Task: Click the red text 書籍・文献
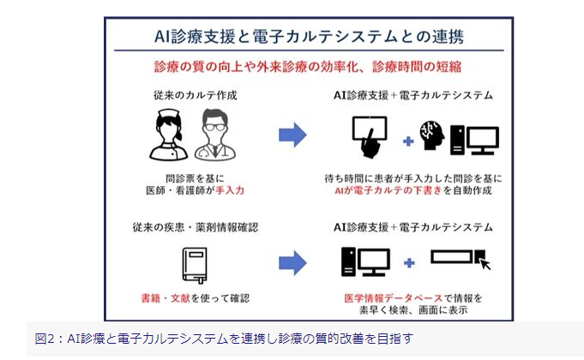click(164, 299)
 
